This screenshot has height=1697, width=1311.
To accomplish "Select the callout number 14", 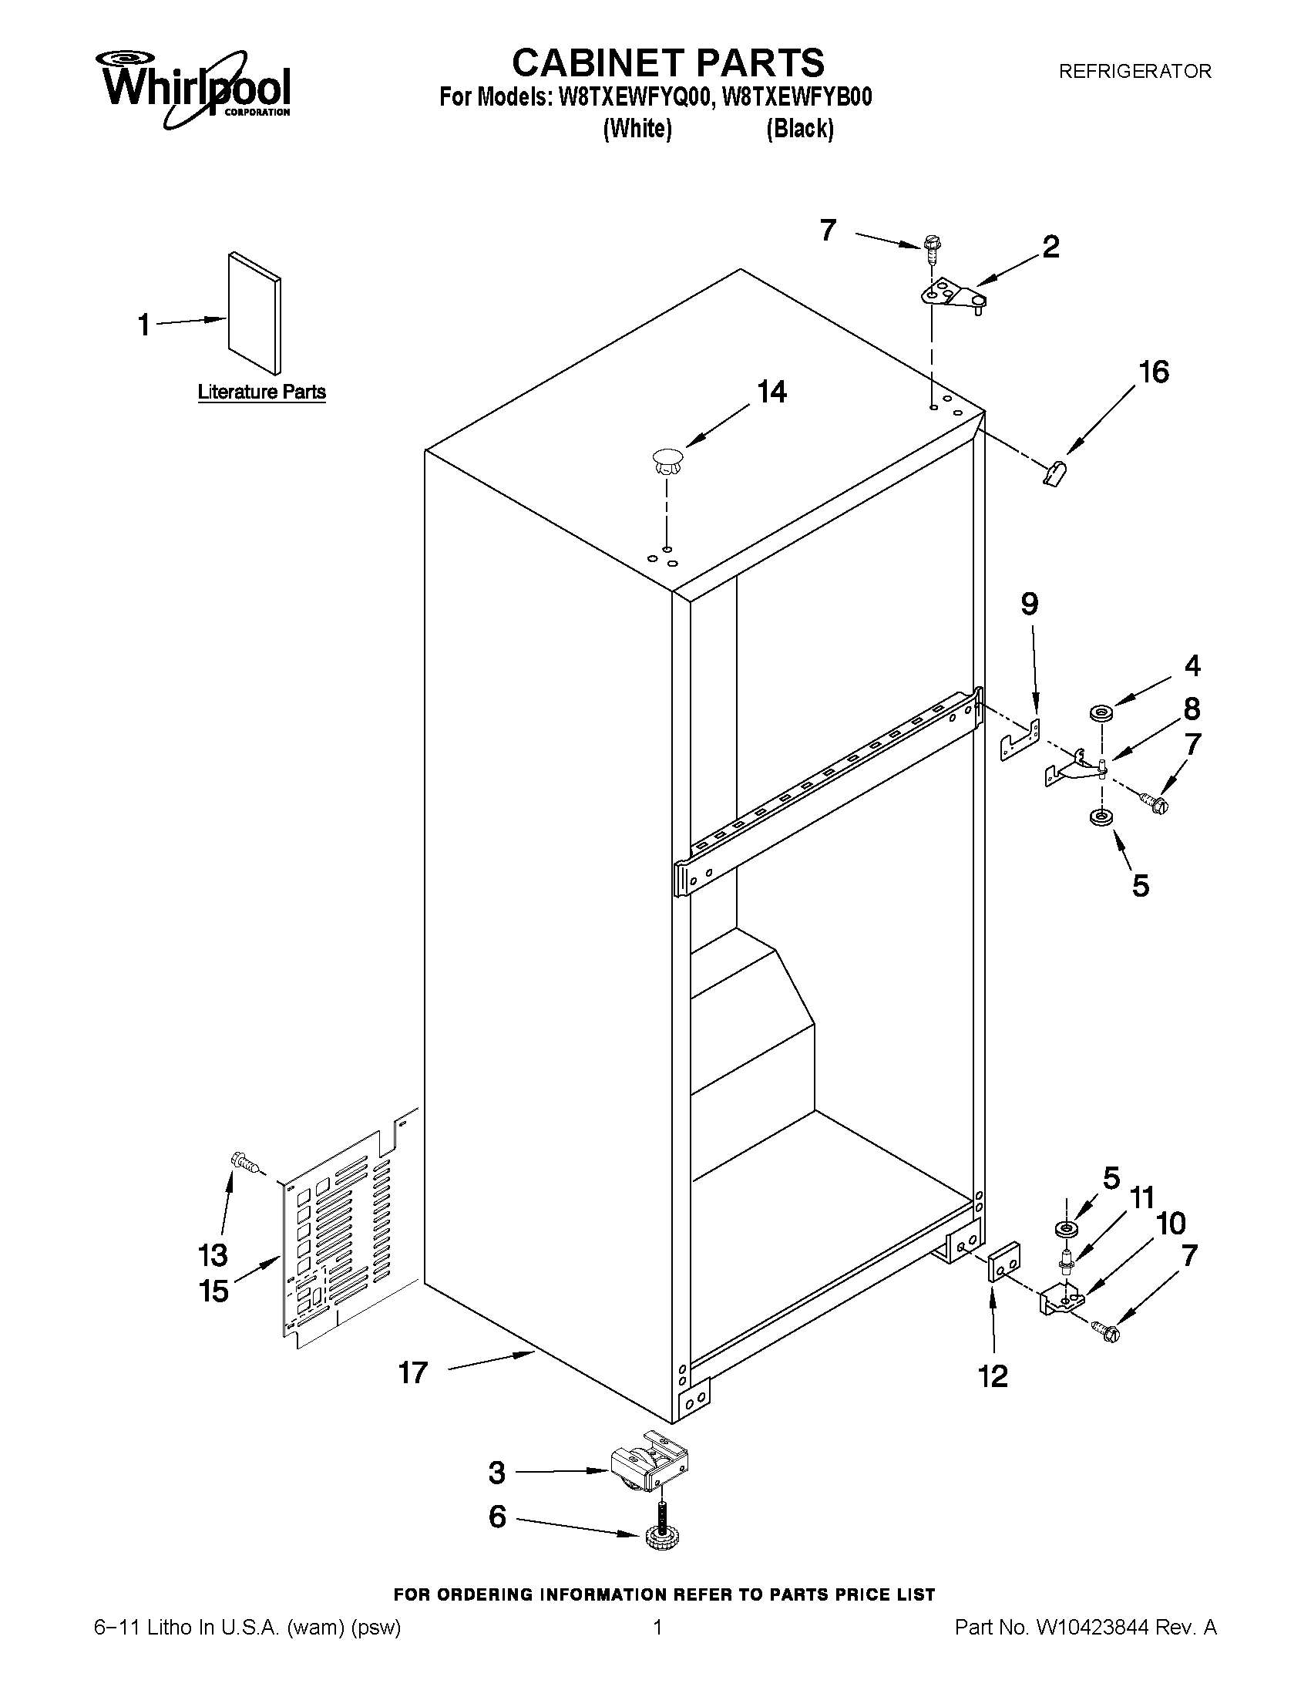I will [771, 392].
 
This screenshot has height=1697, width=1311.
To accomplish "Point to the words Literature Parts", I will [262, 392].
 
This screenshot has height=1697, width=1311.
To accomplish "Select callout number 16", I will [1153, 372].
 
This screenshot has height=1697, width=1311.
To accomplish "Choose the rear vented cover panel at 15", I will [341, 1235].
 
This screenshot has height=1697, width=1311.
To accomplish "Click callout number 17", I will [413, 1373].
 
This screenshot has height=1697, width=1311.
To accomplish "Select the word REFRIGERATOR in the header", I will [1135, 72].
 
